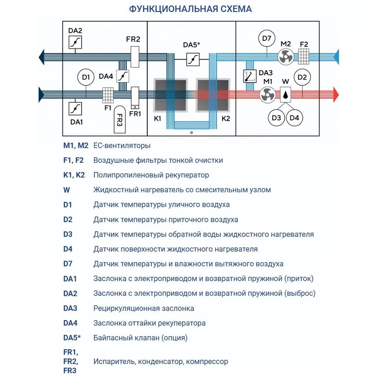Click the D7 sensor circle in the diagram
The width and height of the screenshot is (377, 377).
click(x=267, y=38)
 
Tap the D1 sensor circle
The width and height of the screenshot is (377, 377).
click(x=86, y=78)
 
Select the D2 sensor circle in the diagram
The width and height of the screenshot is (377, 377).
click(x=302, y=78)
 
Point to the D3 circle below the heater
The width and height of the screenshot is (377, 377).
click(x=276, y=118)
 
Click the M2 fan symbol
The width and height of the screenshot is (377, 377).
click(x=285, y=57)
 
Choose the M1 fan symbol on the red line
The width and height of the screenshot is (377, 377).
click(x=268, y=95)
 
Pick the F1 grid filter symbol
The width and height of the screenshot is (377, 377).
click(x=108, y=95)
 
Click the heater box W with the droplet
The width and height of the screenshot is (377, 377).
click(x=287, y=95)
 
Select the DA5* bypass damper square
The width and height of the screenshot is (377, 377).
click(x=193, y=59)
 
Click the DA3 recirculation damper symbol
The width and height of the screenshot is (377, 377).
click(x=249, y=76)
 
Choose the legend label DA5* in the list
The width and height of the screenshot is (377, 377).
click(x=72, y=338)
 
